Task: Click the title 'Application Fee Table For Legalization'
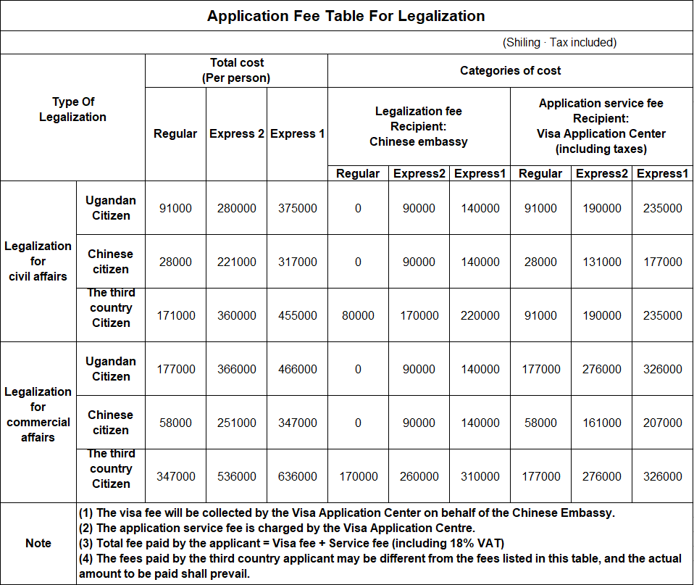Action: pyautogui.click(x=346, y=16)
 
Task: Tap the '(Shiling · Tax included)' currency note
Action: pyautogui.click(x=559, y=43)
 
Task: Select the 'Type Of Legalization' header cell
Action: pyautogui.click(x=72, y=109)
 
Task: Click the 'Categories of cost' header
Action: pyautogui.click(x=510, y=70)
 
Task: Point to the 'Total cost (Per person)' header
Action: pyautogui.click(x=236, y=70)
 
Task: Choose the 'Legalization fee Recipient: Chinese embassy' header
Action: pyautogui.click(x=419, y=126)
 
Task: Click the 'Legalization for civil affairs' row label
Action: pyautogui.click(x=38, y=261)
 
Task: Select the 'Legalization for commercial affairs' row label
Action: pyautogui.click(x=38, y=414)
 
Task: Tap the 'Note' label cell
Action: pyautogui.click(x=38, y=543)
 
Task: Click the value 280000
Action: pyautogui.click(x=236, y=208)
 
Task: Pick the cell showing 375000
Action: pyautogui.click(x=297, y=208)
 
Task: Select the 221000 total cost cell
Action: pyautogui.click(x=236, y=262)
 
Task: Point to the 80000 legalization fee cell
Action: pyautogui.click(x=358, y=315)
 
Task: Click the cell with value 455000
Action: pyautogui.click(x=297, y=315)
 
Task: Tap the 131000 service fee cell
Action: pyautogui.click(x=601, y=262)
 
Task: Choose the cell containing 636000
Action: pyautogui.click(x=297, y=476)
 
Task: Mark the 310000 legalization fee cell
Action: pyautogui.click(x=480, y=476)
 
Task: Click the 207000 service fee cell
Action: pyautogui.click(x=662, y=423)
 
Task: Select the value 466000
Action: pyautogui.click(x=297, y=369)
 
